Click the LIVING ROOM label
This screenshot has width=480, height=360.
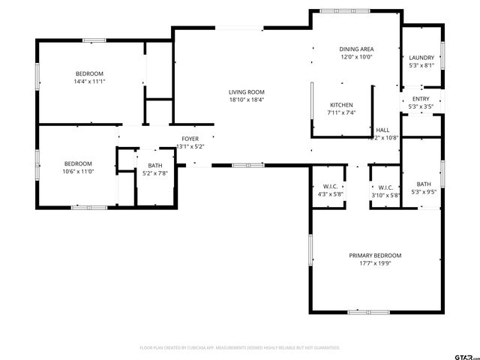pyautogui.click(x=246, y=92)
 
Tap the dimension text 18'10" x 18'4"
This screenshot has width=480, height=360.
pyautogui.click(x=246, y=100)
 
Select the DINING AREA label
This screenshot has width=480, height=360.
pyautogui.click(x=356, y=49)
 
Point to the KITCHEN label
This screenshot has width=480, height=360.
pyautogui.click(x=340, y=105)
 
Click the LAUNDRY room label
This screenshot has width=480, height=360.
pyautogui.click(x=421, y=58)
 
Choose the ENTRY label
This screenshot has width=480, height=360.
pyautogui.click(x=421, y=99)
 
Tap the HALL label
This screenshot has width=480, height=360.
pyautogui.click(x=382, y=130)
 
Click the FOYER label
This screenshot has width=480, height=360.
pyautogui.click(x=190, y=139)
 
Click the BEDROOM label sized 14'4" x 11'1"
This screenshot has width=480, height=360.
pyautogui.click(x=89, y=73)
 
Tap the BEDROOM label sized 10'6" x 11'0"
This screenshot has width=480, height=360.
pyautogui.click(x=78, y=164)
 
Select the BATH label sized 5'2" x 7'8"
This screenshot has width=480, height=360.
pyautogui.click(x=154, y=166)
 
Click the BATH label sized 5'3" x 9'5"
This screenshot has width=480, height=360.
pyautogui.click(x=424, y=184)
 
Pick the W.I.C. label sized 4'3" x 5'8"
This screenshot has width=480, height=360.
pyautogui.click(x=330, y=187)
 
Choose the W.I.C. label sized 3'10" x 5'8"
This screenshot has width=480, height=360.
pyautogui.click(x=385, y=187)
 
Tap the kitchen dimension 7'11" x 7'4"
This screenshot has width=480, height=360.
pyautogui.click(x=340, y=112)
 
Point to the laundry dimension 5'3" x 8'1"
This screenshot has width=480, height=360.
pyautogui.click(x=421, y=65)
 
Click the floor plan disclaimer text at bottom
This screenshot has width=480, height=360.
pyautogui.click(x=240, y=348)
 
